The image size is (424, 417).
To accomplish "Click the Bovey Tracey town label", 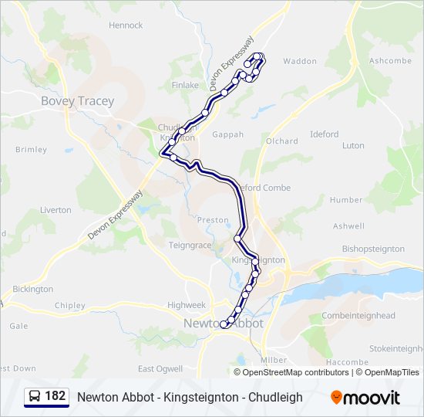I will pos(77,101).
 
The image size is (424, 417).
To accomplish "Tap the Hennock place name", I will pos(126,25).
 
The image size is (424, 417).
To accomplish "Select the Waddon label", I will pos(300,61).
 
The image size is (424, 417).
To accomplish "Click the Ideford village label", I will pos(324,134).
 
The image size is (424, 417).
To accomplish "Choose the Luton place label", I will pos(353,145).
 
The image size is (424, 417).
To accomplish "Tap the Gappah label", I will pos(227,134).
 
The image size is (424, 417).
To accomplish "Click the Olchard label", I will pos(282,141).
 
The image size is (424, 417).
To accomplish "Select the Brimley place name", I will pos(31,150).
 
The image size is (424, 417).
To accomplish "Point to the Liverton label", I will pos(56,210).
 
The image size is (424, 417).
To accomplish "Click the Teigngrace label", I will pos(190,245).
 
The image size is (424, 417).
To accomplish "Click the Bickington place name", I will pos(33,289).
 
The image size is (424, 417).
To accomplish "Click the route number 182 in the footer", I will pos(55,396).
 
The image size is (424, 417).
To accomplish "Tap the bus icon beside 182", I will pos(35,397).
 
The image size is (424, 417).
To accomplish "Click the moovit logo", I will pos(365,398).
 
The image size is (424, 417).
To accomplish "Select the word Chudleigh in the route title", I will pos(274,398).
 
